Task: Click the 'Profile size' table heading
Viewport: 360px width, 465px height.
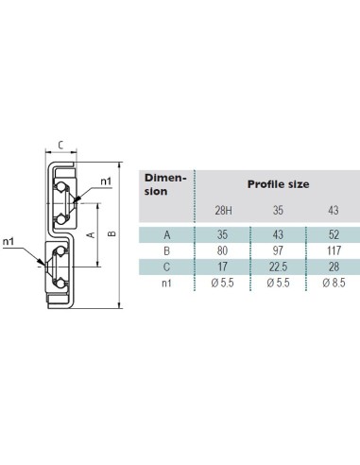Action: tap(278, 184)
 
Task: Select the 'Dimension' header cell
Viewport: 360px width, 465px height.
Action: tap(165, 184)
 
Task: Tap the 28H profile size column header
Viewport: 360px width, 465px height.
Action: tap(224, 210)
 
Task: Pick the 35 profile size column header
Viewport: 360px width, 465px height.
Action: tap(278, 210)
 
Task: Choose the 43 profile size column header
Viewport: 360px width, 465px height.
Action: tap(334, 210)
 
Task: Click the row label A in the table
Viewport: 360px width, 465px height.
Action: tap(167, 234)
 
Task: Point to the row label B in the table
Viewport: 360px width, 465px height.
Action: tap(167, 250)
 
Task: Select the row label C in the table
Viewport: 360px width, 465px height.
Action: tap(167, 267)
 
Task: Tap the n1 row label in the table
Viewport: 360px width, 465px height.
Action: tap(166, 283)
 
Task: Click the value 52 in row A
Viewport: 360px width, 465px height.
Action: tap(334, 234)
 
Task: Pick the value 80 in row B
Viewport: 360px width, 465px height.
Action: tap(222, 250)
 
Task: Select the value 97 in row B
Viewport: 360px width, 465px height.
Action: tap(278, 250)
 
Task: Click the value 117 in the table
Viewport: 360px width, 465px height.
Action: tap(334, 250)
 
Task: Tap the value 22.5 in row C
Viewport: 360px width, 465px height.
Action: tap(278, 267)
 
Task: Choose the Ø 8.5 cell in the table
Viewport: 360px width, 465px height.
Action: tap(334, 283)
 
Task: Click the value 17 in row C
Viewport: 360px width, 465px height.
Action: tap(222, 267)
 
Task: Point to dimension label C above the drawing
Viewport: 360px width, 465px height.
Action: tap(61, 146)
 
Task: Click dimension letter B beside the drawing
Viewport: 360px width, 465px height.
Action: tap(112, 233)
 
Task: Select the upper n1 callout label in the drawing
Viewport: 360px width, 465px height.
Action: tap(106, 181)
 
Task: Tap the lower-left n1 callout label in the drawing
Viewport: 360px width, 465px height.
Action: tap(9, 242)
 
